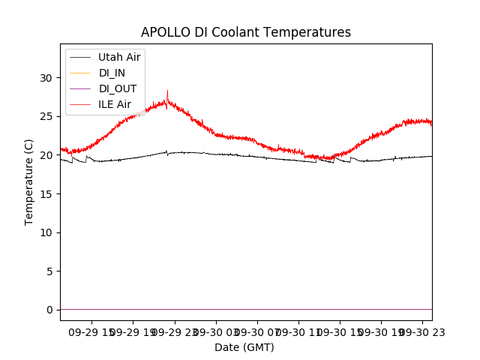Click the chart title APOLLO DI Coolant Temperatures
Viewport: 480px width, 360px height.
pos(246,32)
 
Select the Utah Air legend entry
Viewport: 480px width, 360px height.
pos(119,57)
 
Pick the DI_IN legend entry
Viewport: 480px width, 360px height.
pos(112,73)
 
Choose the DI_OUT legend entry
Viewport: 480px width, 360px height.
pos(118,88)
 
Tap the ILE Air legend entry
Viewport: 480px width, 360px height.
pos(115,104)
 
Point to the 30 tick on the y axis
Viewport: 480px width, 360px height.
pos(46,78)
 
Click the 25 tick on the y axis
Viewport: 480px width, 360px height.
pos(46,116)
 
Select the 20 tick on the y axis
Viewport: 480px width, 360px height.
pos(46,155)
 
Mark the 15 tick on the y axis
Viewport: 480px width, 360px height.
pos(46,194)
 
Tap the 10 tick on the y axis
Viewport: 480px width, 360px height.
pos(46,232)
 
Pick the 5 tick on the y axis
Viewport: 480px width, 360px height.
pos(49,271)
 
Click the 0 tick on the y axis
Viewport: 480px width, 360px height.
pos(49,310)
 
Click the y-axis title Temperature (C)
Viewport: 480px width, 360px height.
pos(29,181)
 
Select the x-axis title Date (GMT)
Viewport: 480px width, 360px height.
pos(244,347)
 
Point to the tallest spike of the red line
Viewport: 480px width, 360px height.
pos(167,91)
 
